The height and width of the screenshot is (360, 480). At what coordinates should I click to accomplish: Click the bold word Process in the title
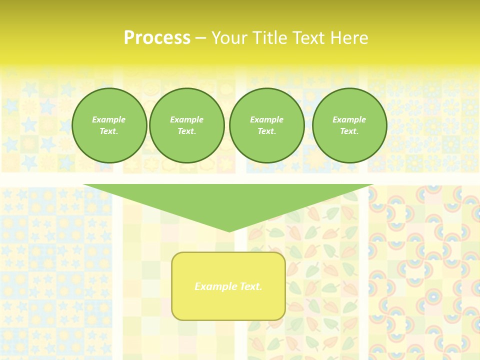pos(157,38)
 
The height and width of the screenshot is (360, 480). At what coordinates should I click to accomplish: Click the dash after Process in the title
pos(200,39)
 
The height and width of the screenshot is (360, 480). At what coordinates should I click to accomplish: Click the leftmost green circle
pos(109,125)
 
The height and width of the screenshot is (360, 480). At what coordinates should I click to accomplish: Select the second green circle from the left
pos(187,125)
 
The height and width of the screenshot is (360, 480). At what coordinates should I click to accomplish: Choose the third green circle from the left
pos(267,125)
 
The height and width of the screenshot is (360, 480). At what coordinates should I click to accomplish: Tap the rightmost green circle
pos(349,125)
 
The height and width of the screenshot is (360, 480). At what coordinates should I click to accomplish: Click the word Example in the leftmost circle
pos(109,119)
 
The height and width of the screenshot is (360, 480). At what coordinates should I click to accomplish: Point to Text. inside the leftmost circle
pos(109,131)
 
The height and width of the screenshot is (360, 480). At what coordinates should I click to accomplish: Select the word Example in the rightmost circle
pos(349,119)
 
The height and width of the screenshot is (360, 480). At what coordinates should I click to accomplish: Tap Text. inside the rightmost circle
pos(349,131)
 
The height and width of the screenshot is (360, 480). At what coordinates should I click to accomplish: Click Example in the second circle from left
pos(186,119)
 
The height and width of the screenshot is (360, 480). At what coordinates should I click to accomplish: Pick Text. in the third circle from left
pos(266,131)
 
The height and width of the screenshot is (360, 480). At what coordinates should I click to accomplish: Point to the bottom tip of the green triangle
pos(229,231)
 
